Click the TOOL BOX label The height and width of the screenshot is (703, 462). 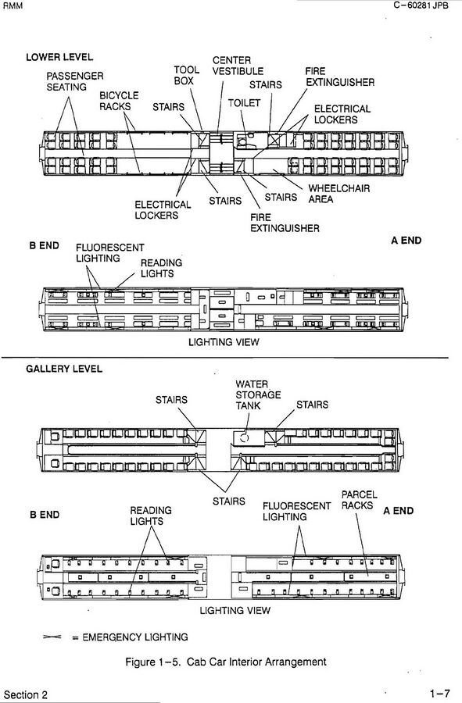(187, 75)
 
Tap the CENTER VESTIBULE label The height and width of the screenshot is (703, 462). (238, 66)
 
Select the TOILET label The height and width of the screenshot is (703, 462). (244, 103)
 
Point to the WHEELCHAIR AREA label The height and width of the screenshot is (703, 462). (339, 194)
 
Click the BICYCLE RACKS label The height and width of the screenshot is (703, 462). (119, 101)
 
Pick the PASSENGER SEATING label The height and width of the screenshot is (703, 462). (75, 81)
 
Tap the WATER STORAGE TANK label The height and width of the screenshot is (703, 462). (258, 395)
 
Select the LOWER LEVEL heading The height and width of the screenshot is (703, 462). (59, 57)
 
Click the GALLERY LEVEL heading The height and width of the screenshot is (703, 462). (64, 369)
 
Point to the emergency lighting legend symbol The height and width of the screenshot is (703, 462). (52, 637)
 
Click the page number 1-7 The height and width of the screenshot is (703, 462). (439, 694)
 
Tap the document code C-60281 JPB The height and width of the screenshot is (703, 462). (421, 5)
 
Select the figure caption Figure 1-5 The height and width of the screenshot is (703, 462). (226, 662)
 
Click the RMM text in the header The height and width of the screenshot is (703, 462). (13, 5)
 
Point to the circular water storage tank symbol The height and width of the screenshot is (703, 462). (244, 437)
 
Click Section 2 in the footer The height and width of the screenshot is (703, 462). (26, 695)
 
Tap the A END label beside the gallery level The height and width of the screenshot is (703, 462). (399, 511)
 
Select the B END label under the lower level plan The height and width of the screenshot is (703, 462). (44, 246)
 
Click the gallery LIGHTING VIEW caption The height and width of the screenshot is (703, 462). (235, 610)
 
